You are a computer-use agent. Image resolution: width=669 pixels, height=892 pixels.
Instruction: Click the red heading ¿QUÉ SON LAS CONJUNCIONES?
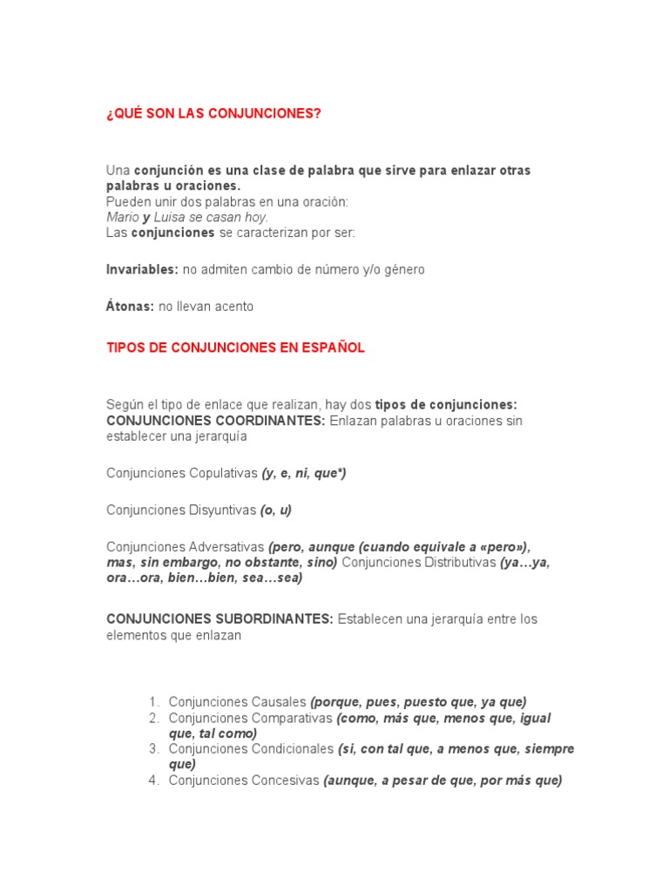[x=213, y=114]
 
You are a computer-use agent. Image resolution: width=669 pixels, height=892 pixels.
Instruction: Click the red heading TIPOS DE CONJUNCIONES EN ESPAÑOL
[x=235, y=348]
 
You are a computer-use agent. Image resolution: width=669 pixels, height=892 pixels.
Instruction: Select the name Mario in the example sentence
[x=123, y=217]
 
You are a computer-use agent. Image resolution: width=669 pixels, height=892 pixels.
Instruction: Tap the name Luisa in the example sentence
[x=171, y=217]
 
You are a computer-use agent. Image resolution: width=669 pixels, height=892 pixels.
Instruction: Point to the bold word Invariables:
[x=142, y=270]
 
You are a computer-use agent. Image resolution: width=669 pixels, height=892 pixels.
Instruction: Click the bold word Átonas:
[x=130, y=307]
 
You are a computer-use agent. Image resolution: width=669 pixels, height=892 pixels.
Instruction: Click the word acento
[x=232, y=307]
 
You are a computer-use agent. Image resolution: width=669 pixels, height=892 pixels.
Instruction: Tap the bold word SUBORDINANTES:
[x=275, y=619]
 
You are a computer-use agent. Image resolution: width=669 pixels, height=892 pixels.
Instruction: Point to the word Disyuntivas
[x=223, y=510]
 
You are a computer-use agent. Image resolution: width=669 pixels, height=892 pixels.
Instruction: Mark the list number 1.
[x=153, y=702]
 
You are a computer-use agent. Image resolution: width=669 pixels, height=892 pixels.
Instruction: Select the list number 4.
[x=153, y=780]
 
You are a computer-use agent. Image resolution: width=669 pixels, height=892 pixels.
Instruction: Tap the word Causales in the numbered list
[x=280, y=702]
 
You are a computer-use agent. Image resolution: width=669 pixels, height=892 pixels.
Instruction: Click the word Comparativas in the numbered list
[x=289, y=719]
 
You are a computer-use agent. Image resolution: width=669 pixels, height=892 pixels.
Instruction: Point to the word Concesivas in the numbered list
[x=286, y=780]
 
